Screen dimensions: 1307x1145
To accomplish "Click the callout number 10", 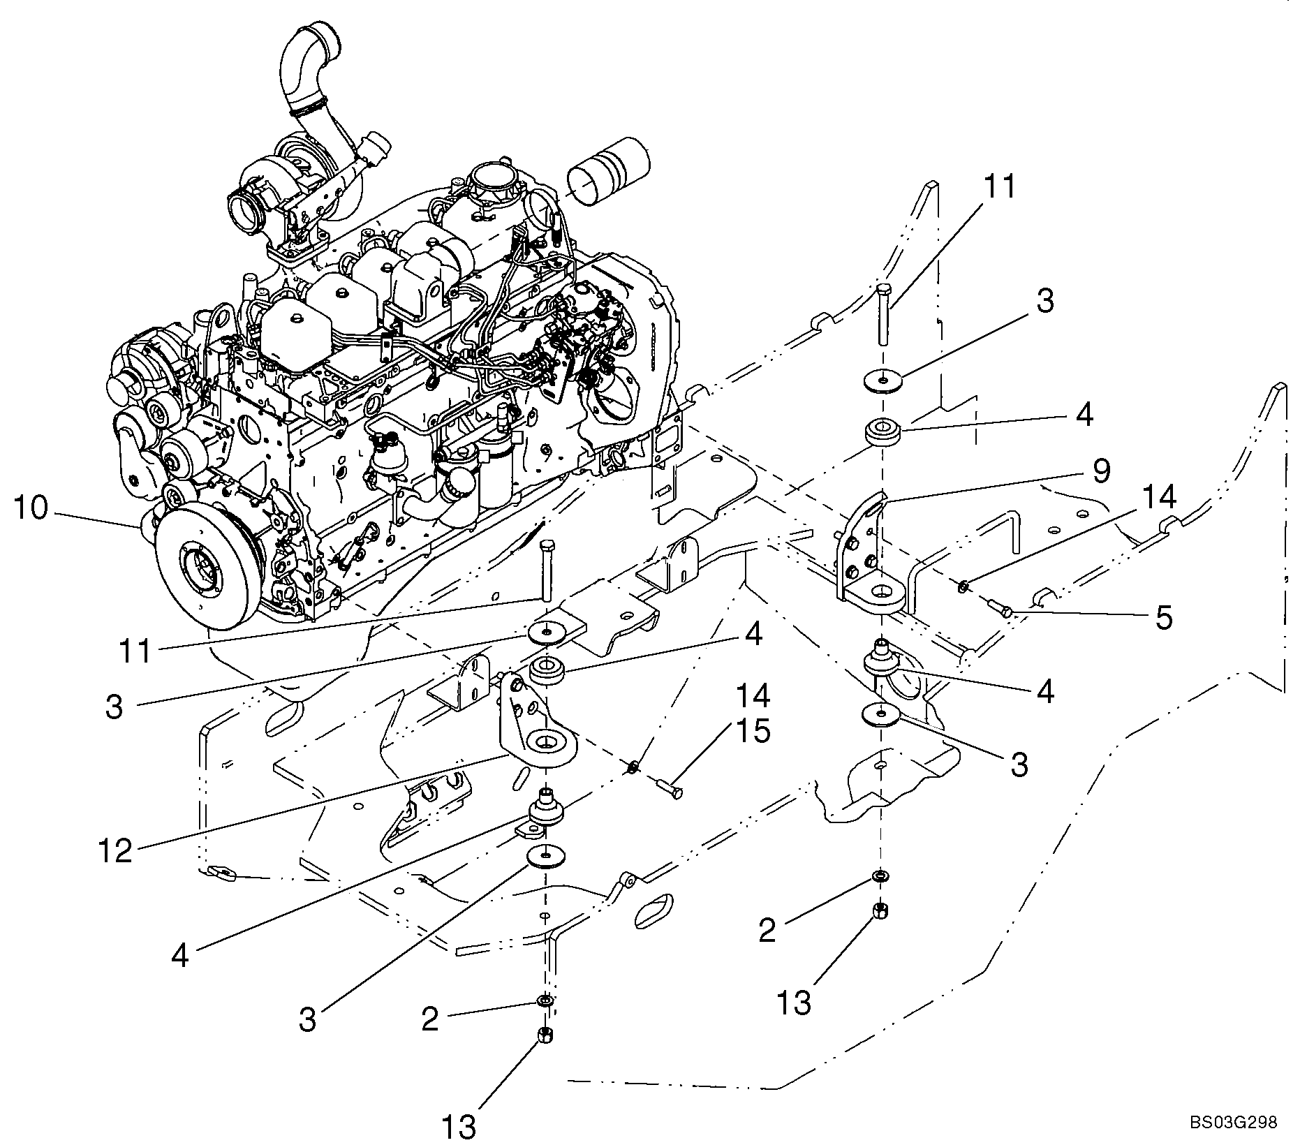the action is pyautogui.click(x=31, y=508).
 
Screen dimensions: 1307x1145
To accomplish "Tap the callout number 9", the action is pyautogui.click(x=1100, y=471).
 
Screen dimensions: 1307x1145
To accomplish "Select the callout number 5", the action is pyautogui.click(x=1164, y=618).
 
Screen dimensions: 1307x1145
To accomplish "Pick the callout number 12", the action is pyautogui.click(x=115, y=851).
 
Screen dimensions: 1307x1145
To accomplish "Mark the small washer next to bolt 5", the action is pyautogui.click(x=963, y=585).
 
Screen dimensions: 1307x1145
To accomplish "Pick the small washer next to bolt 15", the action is pyautogui.click(x=633, y=768).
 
